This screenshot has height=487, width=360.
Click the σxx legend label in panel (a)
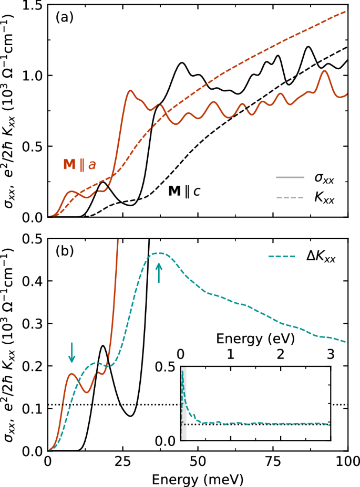tap(323, 180)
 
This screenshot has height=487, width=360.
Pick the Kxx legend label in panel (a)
tap(323, 200)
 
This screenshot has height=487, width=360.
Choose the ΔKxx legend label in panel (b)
tap(320, 258)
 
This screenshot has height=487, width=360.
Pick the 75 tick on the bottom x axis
tap(273, 463)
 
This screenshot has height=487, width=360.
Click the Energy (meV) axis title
tap(198, 479)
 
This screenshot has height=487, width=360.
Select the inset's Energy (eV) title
tap(255, 336)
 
